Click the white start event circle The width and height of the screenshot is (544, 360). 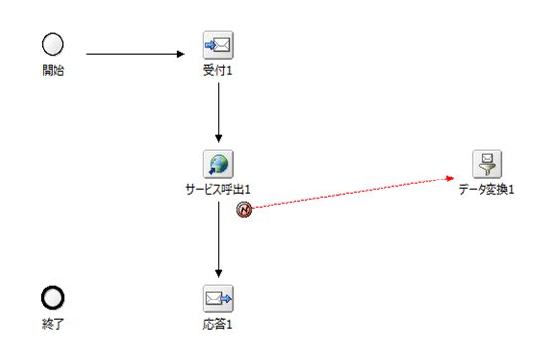[x=54, y=44]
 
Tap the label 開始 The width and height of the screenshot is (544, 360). [x=54, y=70]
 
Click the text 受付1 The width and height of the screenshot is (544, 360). [x=218, y=70]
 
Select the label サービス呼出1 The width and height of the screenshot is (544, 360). [x=219, y=189]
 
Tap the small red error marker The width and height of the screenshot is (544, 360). [x=243, y=209]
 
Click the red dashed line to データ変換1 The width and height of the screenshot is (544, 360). [x=347, y=193]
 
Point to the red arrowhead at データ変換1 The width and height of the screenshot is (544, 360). [x=451, y=178]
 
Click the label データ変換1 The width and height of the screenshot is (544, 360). [x=487, y=189]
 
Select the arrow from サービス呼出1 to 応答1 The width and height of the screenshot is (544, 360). [x=218, y=238]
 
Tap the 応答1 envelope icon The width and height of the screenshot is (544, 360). [x=218, y=297]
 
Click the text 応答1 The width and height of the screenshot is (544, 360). [x=218, y=323]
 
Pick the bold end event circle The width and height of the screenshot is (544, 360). [x=54, y=298]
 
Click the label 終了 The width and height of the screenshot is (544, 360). [x=54, y=323]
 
